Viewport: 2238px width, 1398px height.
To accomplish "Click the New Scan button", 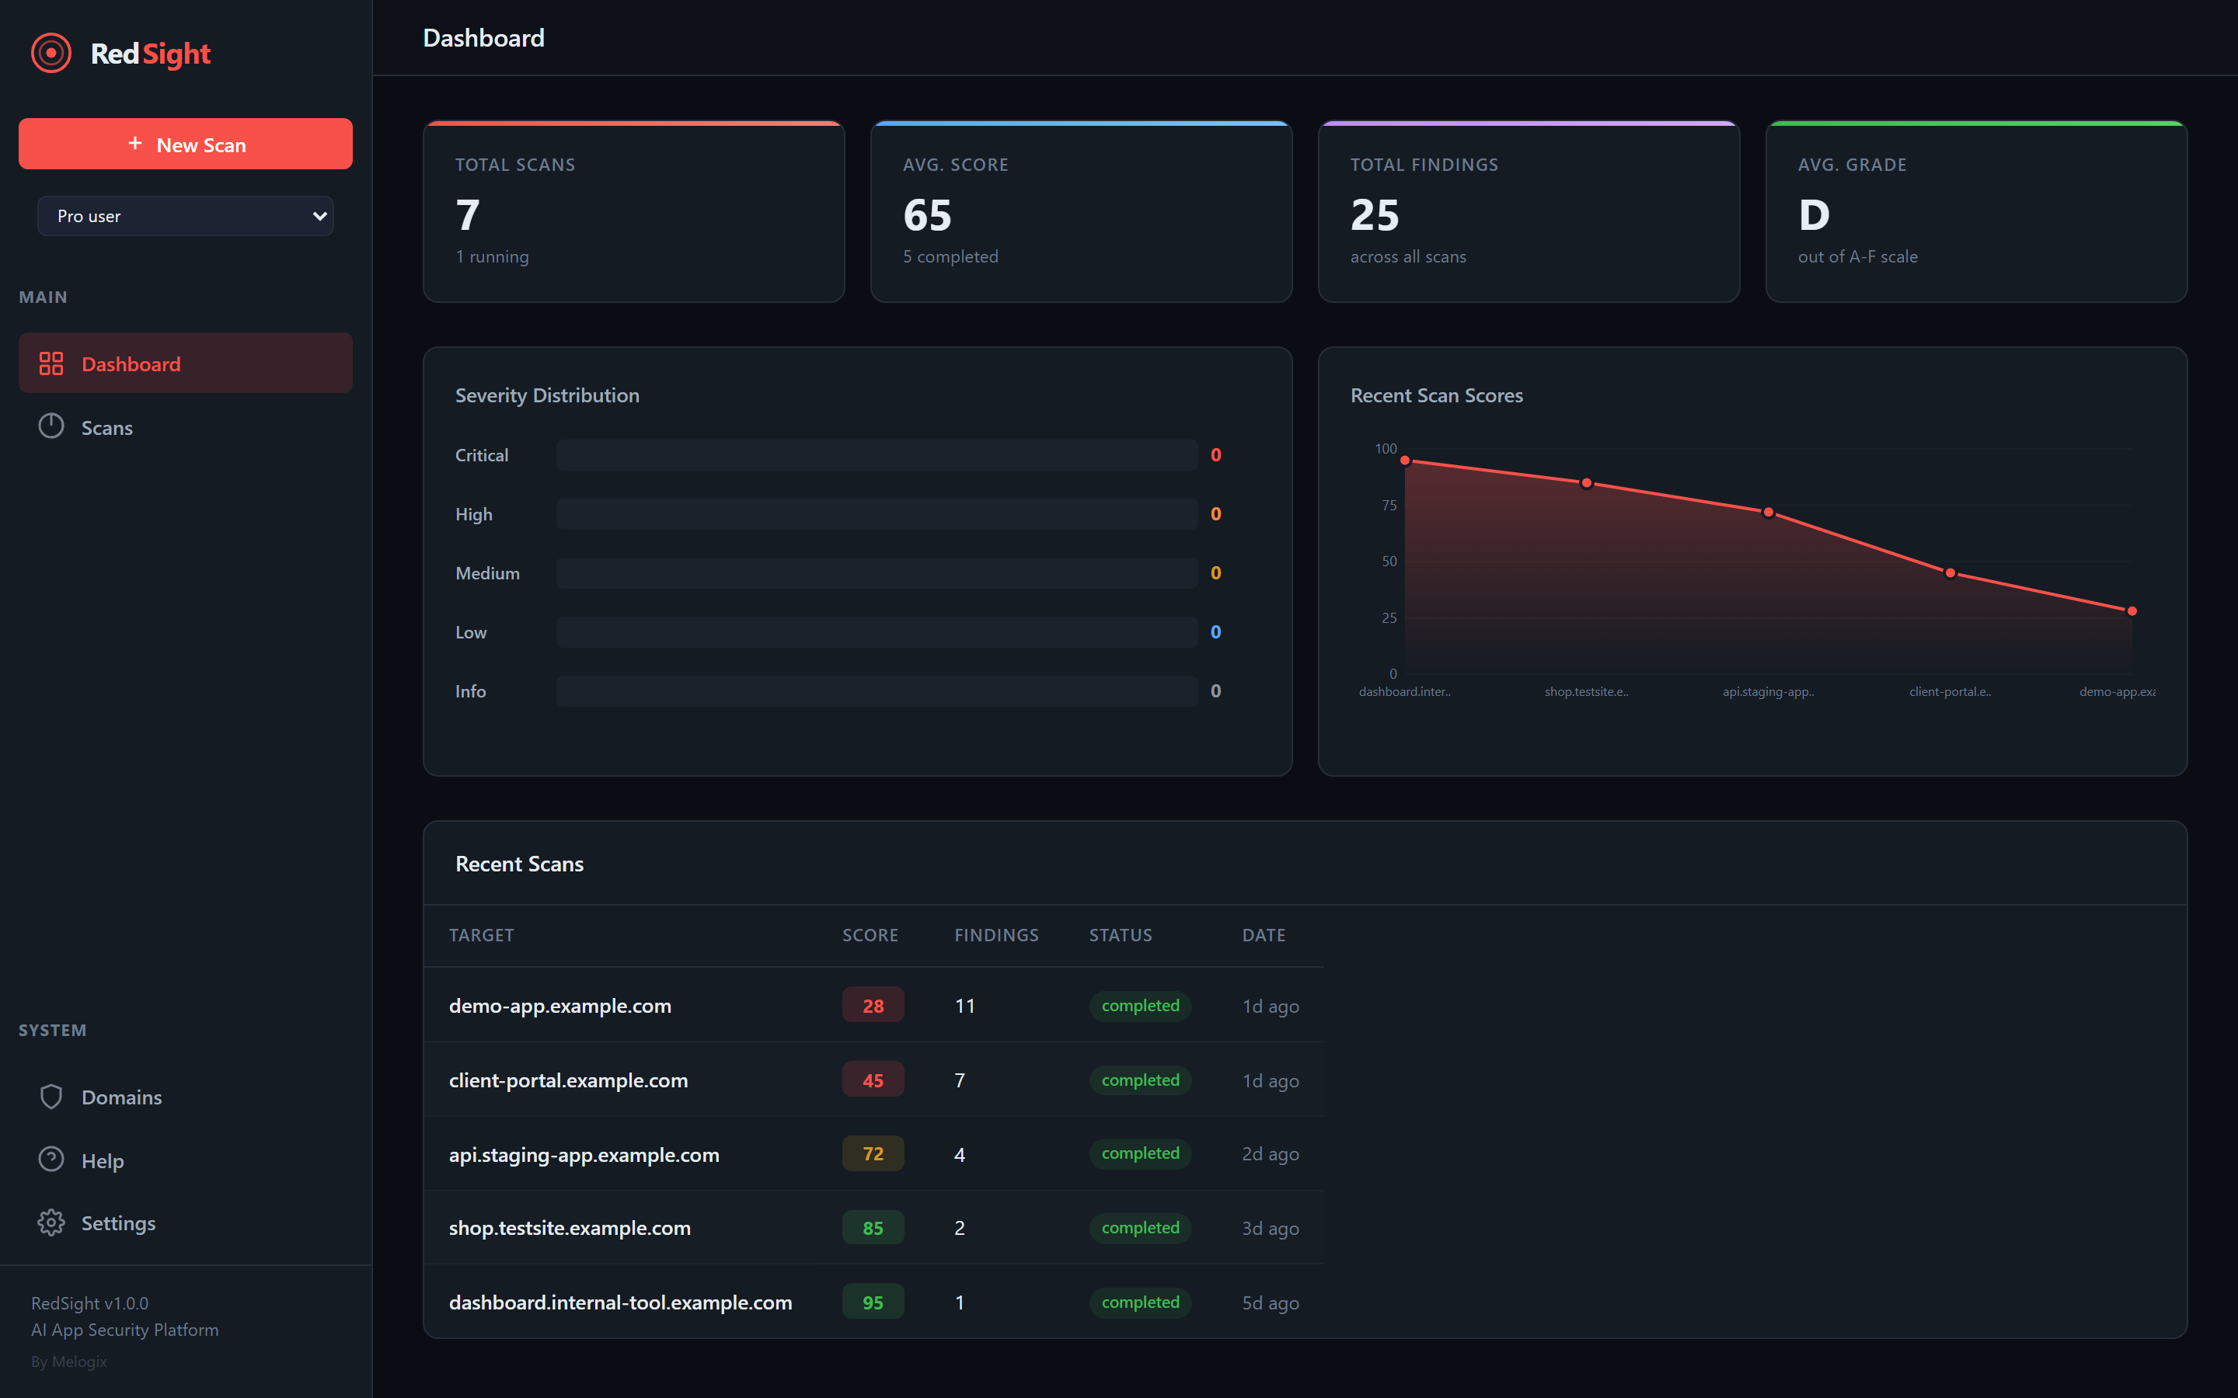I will coord(185,144).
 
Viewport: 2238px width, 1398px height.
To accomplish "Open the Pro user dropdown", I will coord(185,215).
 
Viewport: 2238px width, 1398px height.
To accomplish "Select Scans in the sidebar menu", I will coord(106,427).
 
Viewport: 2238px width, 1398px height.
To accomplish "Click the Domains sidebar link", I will coord(121,1097).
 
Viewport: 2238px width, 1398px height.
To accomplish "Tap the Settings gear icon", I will coord(51,1222).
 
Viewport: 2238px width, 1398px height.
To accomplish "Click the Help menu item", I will coord(102,1160).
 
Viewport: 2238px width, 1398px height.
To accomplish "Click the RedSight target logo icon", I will coord(51,54).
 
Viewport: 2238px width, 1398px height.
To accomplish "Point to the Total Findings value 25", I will coord(1374,215).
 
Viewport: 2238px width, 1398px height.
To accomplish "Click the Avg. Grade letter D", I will coord(1814,215).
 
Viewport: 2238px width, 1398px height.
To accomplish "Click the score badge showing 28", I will coord(872,1005).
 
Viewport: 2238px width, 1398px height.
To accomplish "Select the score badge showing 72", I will coord(872,1153).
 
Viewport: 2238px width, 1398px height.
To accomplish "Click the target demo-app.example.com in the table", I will coord(559,1005).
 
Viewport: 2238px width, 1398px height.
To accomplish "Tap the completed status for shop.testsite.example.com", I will coord(1139,1227).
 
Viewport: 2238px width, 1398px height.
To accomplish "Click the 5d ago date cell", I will coord(1270,1302).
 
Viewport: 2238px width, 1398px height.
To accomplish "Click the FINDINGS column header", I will coord(996,935).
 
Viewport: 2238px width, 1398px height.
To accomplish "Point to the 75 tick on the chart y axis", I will coord(1388,505).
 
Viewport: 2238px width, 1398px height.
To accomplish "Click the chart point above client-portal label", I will coord(1950,573).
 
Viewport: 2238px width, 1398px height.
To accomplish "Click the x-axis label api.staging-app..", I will coord(1767,691).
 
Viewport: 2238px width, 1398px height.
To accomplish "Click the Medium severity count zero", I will coord(1215,573).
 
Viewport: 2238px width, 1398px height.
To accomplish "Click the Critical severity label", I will coord(481,455).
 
